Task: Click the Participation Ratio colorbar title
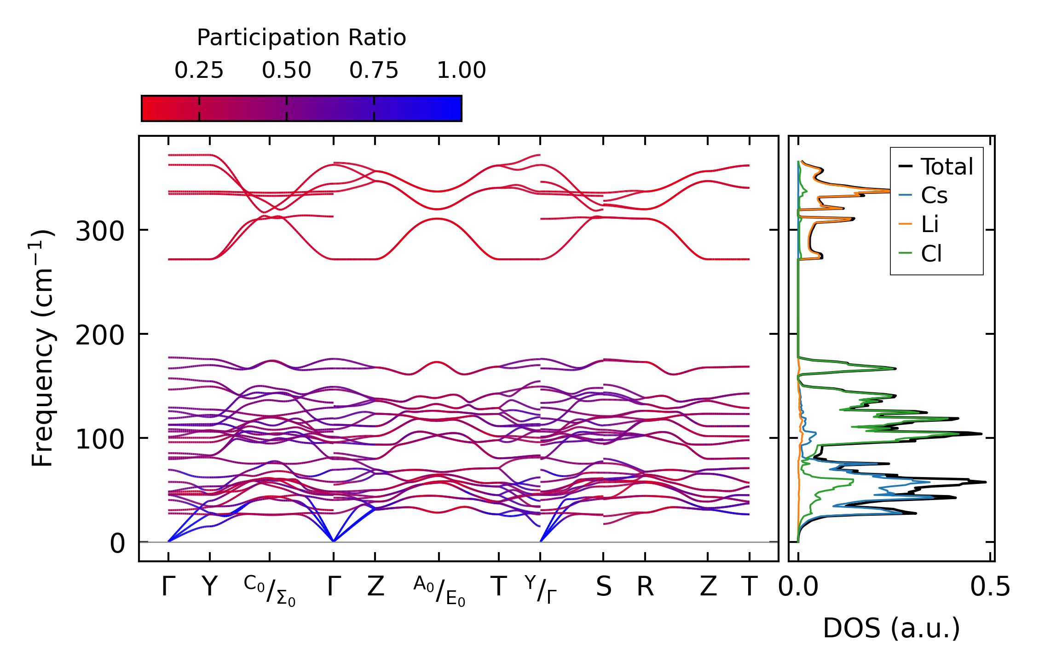tap(301, 38)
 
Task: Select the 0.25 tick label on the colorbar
tap(199, 70)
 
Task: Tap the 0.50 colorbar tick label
tap(286, 70)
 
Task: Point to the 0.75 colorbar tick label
tap(374, 70)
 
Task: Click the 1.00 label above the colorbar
tap(461, 70)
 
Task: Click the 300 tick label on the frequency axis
tap(100, 231)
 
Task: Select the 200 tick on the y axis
tap(100, 335)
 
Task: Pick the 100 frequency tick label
tap(100, 439)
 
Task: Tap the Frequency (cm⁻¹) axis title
tap(42, 349)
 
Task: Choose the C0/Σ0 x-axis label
tap(270, 590)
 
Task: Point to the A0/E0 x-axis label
tap(439, 590)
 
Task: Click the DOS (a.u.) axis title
tap(891, 629)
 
